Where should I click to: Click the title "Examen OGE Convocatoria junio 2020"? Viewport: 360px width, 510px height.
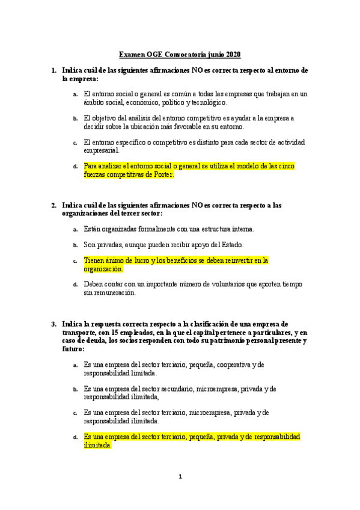pyautogui.click(x=180, y=55)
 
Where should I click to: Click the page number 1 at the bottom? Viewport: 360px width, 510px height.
pyautogui.click(x=180, y=477)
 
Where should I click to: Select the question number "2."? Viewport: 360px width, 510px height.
pyautogui.click(x=53, y=205)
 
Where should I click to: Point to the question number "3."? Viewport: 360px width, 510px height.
pyautogui.click(x=53, y=324)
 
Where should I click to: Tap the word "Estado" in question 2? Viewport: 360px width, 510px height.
pyautogui.click(x=230, y=245)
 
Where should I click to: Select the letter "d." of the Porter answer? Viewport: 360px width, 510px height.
pyautogui.click(x=75, y=167)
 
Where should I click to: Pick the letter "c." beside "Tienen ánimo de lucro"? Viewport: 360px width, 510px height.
pyautogui.click(x=75, y=262)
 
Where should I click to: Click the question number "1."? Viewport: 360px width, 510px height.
pyautogui.click(x=53, y=70)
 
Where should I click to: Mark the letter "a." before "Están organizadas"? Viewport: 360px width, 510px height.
pyautogui.click(x=75, y=230)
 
